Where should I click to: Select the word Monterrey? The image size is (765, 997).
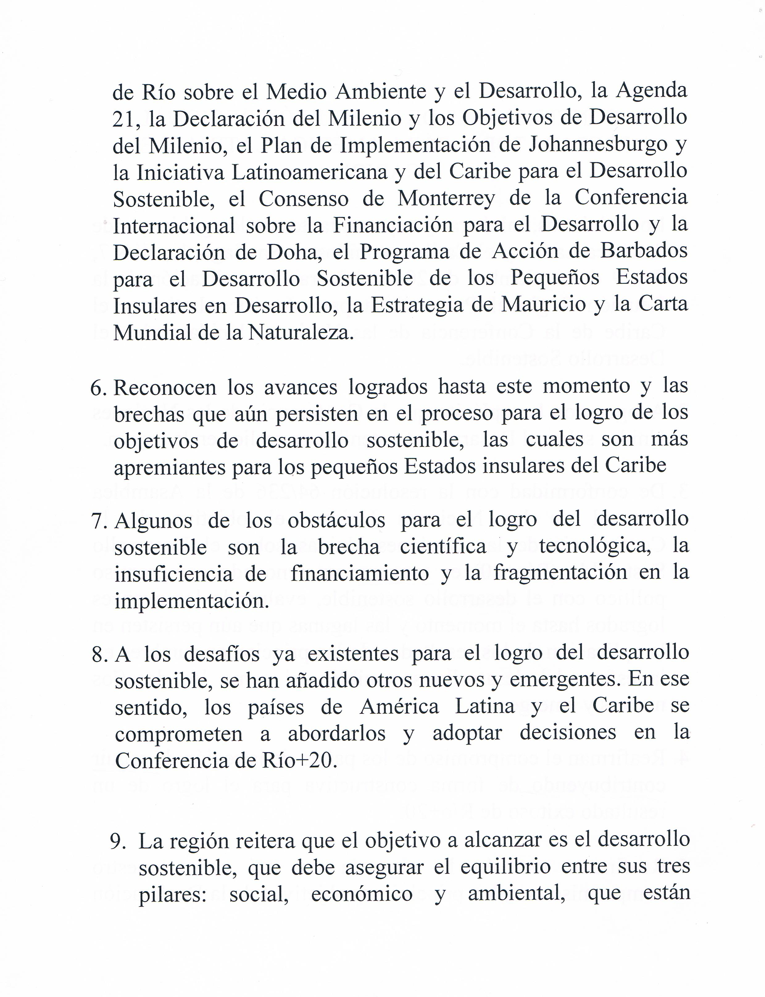[446, 199]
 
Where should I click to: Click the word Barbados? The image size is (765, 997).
[643, 251]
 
